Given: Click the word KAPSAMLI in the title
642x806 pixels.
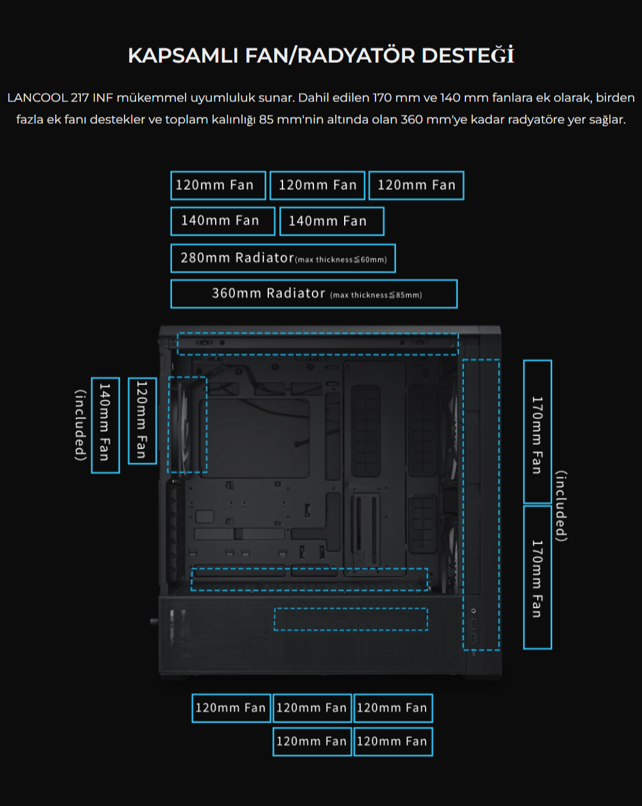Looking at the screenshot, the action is (183, 56).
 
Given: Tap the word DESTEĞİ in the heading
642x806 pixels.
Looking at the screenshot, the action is (468, 55).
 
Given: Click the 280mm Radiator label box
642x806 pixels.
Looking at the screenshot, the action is (283, 258).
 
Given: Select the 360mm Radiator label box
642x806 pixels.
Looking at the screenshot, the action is (314, 294).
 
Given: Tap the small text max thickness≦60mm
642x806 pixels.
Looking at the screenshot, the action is (341, 259).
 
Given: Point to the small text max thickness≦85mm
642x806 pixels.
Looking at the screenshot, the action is (376, 295).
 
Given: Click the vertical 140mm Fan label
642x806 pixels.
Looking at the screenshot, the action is (105, 425).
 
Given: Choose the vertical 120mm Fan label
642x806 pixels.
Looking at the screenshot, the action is (142, 420).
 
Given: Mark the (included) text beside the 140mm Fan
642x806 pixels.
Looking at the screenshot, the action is (81, 425).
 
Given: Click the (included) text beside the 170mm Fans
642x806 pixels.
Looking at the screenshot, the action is (561, 506).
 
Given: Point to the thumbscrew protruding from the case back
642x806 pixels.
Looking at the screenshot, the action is (154, 621).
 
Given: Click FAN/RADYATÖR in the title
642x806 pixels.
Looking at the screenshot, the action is (330, 56).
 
